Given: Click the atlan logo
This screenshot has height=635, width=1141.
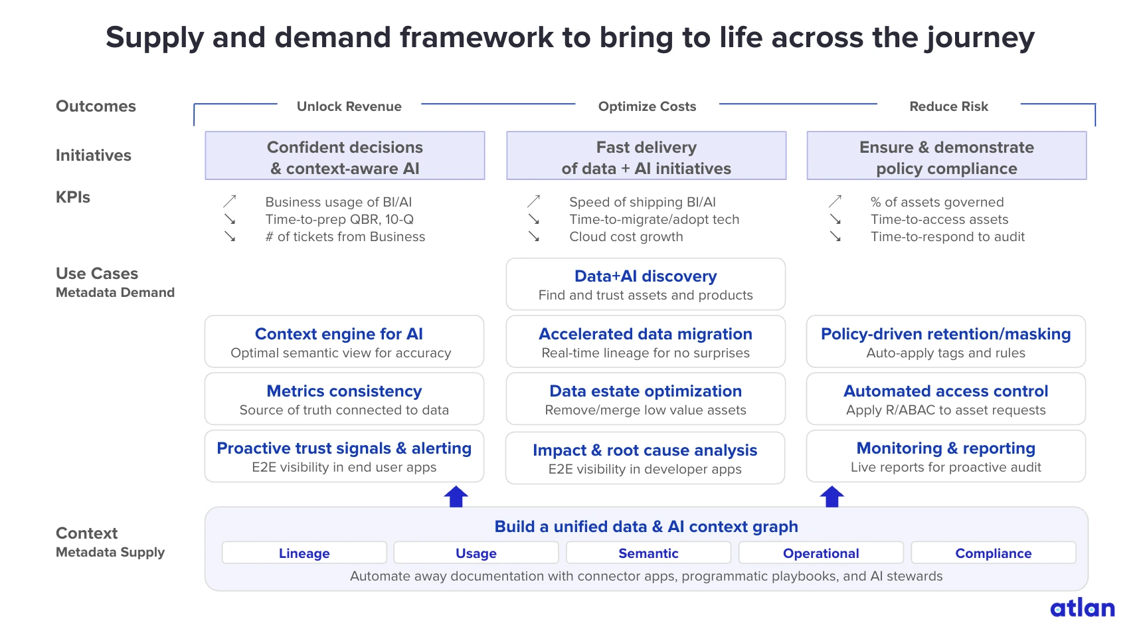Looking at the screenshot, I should coord(1082,608).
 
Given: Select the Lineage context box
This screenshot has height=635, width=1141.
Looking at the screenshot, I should coord(304,553).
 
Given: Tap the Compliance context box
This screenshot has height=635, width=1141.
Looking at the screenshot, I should coord(993,553).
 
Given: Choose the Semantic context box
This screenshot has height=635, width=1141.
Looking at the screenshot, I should coord(648,553).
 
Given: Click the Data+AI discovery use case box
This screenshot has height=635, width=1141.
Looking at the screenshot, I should coord(646,284).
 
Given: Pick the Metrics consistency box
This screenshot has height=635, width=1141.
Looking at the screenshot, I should coord(344,399).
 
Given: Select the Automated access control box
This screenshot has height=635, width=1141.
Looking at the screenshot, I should coord(946,399).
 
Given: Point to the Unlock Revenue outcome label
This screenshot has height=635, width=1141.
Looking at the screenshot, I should coord(349,106).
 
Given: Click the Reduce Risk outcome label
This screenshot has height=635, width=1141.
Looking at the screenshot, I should coord(948,106).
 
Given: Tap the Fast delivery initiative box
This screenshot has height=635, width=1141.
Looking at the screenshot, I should coord(646,156).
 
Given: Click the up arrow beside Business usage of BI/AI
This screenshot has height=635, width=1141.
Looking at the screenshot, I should coord(230,201).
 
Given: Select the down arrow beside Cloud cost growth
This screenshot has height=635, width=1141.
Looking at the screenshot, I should coord(534,236).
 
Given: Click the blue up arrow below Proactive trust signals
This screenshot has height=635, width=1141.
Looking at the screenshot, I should coord(456,496).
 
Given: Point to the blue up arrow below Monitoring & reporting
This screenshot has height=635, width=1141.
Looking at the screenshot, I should coord(832,496).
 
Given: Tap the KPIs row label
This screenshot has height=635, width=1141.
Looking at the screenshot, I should coord(73,197).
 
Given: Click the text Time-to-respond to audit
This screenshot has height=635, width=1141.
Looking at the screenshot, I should coord(948,236).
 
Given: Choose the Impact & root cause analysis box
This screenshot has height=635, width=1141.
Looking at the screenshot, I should coord(645,458).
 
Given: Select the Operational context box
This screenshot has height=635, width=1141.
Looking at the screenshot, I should coord(821,553).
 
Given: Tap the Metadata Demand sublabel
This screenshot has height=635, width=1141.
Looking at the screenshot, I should coord(115,292).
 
